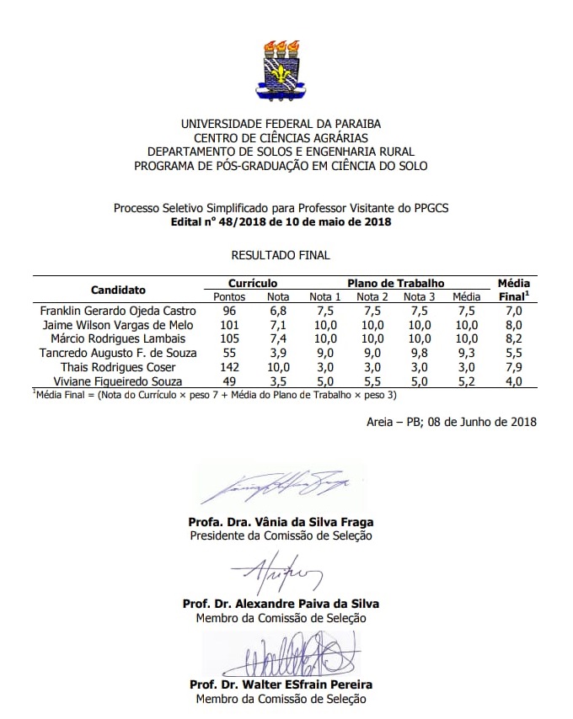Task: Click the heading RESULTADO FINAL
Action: (281, 254)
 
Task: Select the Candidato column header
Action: (118, 290)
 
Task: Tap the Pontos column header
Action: (229, 296)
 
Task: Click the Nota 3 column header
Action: (419, 296)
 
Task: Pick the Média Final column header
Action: (513, 290)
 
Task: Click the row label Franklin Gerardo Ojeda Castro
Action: (118, 311)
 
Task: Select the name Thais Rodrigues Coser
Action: (118, 367)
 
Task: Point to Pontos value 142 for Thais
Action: (229, 367)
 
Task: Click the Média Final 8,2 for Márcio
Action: (513, 338)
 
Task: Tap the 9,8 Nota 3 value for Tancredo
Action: (419, 353)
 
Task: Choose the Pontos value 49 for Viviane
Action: (229, 381)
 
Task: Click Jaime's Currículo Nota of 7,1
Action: (278, 325)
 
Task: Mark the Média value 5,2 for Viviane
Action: (466, 381)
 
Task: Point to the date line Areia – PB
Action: (452, 421)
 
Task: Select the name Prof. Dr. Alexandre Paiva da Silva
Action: (281, 604)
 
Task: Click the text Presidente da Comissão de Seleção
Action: (281, 535)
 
